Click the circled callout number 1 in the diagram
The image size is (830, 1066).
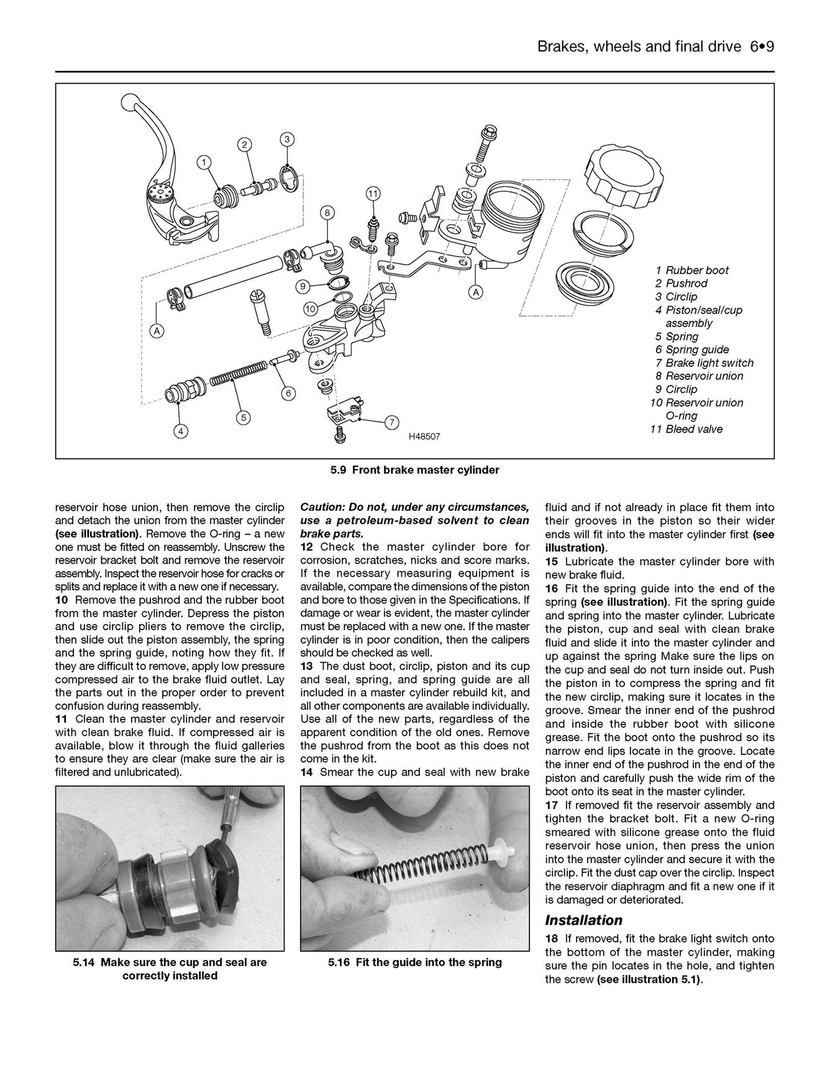[203, 162]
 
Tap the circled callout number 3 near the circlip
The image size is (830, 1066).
[286, 139]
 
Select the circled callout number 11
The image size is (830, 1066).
[372, 193]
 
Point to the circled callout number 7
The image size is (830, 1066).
[392, 422]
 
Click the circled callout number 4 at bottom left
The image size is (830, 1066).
[180, 430]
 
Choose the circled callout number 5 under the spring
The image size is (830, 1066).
[244, 418]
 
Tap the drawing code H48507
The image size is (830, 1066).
[424, 436]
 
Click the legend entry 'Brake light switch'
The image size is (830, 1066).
[709, 363]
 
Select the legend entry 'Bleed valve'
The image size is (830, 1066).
[693, 429]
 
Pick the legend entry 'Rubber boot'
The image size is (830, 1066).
[696, 270]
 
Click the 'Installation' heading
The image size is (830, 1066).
[583, 920]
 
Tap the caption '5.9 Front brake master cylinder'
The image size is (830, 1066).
[414, 470]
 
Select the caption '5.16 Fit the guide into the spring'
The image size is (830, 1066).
[414, 962]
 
